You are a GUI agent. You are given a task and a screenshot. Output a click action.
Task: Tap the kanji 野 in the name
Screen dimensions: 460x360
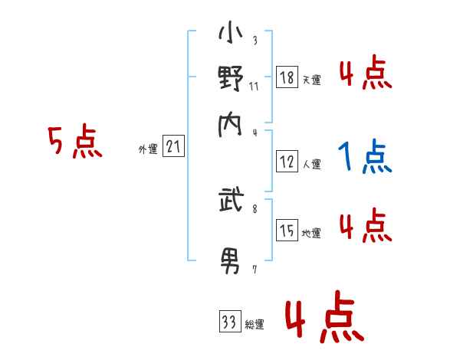pyautogui.click(x=231, y=80)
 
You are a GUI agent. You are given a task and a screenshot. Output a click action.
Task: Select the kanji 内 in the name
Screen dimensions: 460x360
pyautogui.click(x=231, y=123)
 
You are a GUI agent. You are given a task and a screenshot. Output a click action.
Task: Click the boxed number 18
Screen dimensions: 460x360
pyautogui.click(x=287, y=77)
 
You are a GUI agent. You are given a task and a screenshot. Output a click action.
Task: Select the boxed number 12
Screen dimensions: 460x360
pyautogui.click(x=287, y=162)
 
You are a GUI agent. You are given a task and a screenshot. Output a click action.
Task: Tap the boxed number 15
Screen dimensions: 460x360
pyautogui.click(x=287, y=231)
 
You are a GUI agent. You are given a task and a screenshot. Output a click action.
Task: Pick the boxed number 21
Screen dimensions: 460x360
pyautogui.click(x=173, y=147)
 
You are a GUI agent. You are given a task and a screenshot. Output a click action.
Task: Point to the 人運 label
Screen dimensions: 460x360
pyautogui.click(x=311, y=164)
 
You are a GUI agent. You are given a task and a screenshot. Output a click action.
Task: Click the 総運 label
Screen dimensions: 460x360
pyautogui.click(x=255, y=325)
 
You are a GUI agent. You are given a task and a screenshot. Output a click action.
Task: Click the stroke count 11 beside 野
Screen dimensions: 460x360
pyautogui.click(x=254, y=86)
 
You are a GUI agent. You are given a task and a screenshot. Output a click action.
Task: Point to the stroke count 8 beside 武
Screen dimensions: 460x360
pyautogui.click(x=254, y=206)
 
